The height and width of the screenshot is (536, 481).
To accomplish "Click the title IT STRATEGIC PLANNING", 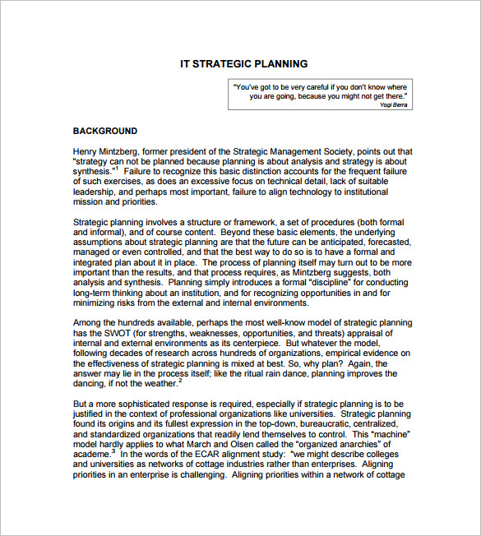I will click(244, 63).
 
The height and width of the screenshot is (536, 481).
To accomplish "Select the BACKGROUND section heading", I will click(105, 131).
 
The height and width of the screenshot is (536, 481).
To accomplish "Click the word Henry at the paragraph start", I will click(86, 151).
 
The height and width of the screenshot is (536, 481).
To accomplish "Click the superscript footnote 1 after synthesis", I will click(118, 169).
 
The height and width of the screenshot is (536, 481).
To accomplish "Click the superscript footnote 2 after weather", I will click(180, 380).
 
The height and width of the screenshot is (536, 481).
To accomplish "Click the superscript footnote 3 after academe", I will click(113, 451).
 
